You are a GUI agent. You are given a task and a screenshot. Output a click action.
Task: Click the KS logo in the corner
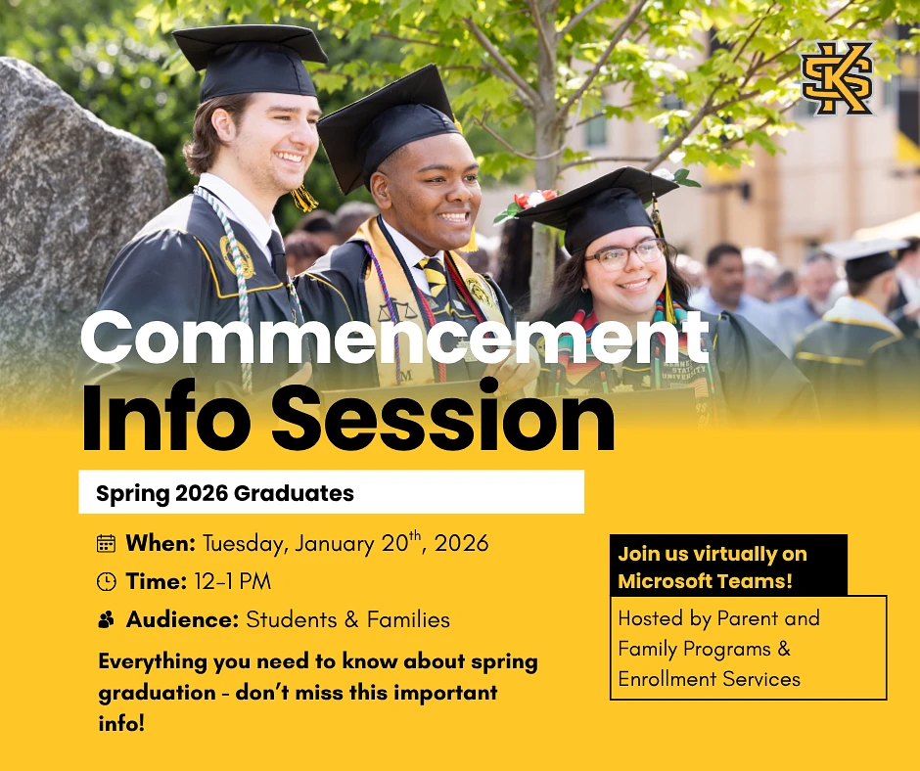837,77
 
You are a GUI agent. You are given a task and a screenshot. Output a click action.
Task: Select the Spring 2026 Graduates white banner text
225,493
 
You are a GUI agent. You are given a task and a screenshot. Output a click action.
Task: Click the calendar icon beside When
106,544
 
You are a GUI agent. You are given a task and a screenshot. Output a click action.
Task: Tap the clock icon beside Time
106,582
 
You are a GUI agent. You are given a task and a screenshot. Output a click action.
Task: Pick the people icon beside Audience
106,619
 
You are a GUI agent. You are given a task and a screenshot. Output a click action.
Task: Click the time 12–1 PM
232,581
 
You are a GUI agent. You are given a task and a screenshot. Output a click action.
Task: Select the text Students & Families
347,619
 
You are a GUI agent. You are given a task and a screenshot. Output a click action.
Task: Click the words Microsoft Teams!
705,580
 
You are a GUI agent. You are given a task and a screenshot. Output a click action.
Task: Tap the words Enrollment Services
709,678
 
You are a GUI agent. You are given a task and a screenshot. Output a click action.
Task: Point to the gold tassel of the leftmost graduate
304,199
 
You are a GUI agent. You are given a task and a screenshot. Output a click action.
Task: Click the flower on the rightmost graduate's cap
533,202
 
